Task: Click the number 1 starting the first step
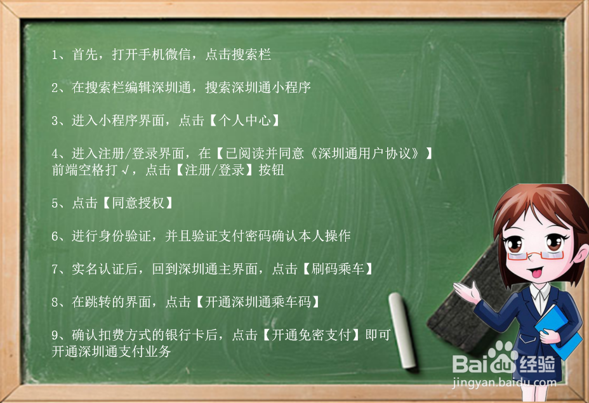point(55,55)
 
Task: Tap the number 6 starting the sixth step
point(55,236)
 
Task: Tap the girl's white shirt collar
point(541,293)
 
